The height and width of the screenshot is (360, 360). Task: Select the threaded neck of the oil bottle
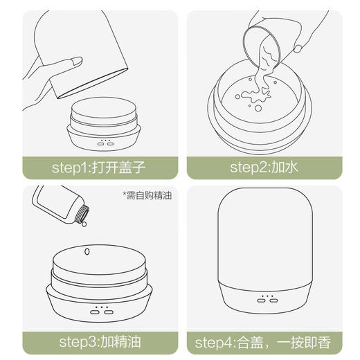(x=82, y=212)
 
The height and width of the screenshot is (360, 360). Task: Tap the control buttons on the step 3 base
(x=102, y=311)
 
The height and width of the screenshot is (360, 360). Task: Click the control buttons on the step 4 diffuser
(x=267, y=301)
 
